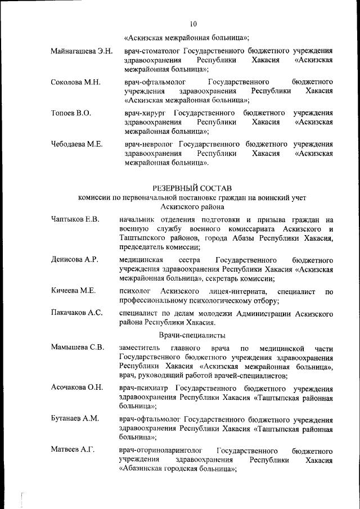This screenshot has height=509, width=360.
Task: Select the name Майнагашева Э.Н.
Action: tap(82, 51)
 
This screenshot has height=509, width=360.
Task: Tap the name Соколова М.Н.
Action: tap(75, 82)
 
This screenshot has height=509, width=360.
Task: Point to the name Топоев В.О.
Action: tap(71, 113)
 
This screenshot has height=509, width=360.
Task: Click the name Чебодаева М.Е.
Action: tap(76, 145)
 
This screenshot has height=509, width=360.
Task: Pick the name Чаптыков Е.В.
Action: tap(75, 219)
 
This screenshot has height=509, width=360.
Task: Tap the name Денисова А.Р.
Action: tap(74, 259)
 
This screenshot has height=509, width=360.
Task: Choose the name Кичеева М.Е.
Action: tap(73, 290)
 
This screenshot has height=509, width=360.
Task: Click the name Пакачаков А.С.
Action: tap(76, 313)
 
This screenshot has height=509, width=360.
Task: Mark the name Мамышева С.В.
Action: tap(77, 347)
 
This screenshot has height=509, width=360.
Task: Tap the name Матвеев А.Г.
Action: tap(73, 450)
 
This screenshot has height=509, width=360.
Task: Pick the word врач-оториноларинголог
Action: tap(160, 451)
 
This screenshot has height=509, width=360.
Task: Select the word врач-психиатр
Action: tap(145, 388)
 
